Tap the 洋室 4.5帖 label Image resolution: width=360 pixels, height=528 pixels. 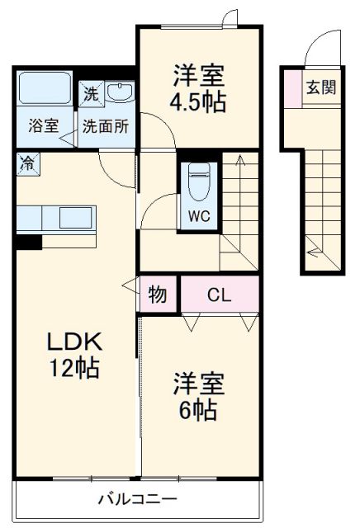[x=199, y=89]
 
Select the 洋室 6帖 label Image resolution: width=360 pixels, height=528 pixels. [x=199, y=397]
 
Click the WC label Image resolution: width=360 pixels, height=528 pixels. [x=197, y=217]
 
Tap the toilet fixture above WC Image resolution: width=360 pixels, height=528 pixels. [x=198, y=182]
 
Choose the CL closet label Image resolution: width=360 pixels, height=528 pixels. [x=219, y=294]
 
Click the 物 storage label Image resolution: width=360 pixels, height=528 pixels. [x=157, y=294]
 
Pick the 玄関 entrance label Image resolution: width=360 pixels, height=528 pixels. [x=321, y=88]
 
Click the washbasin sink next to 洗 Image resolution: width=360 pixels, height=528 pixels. [x=121, y=93]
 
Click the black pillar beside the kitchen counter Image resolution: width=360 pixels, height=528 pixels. [x=30, y=242]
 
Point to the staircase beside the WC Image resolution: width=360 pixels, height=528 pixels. [x=239, y=206]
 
